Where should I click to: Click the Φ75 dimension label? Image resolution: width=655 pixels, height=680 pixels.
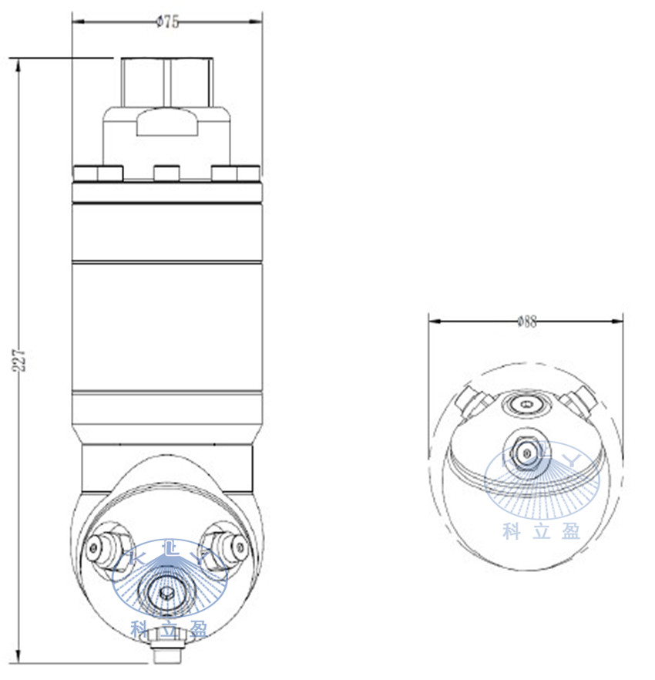[167, 22]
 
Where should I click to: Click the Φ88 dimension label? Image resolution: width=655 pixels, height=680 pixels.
[526, 321]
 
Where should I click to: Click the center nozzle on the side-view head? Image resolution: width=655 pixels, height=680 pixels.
[166, 592]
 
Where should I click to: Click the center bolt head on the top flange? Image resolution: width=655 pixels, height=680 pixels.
[166, 173]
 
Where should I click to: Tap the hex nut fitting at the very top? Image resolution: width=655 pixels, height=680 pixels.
[166, 82]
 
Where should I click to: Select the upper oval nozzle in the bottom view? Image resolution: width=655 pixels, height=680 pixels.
[526, 404]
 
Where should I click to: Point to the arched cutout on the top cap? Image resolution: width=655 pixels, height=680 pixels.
[166, 122]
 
